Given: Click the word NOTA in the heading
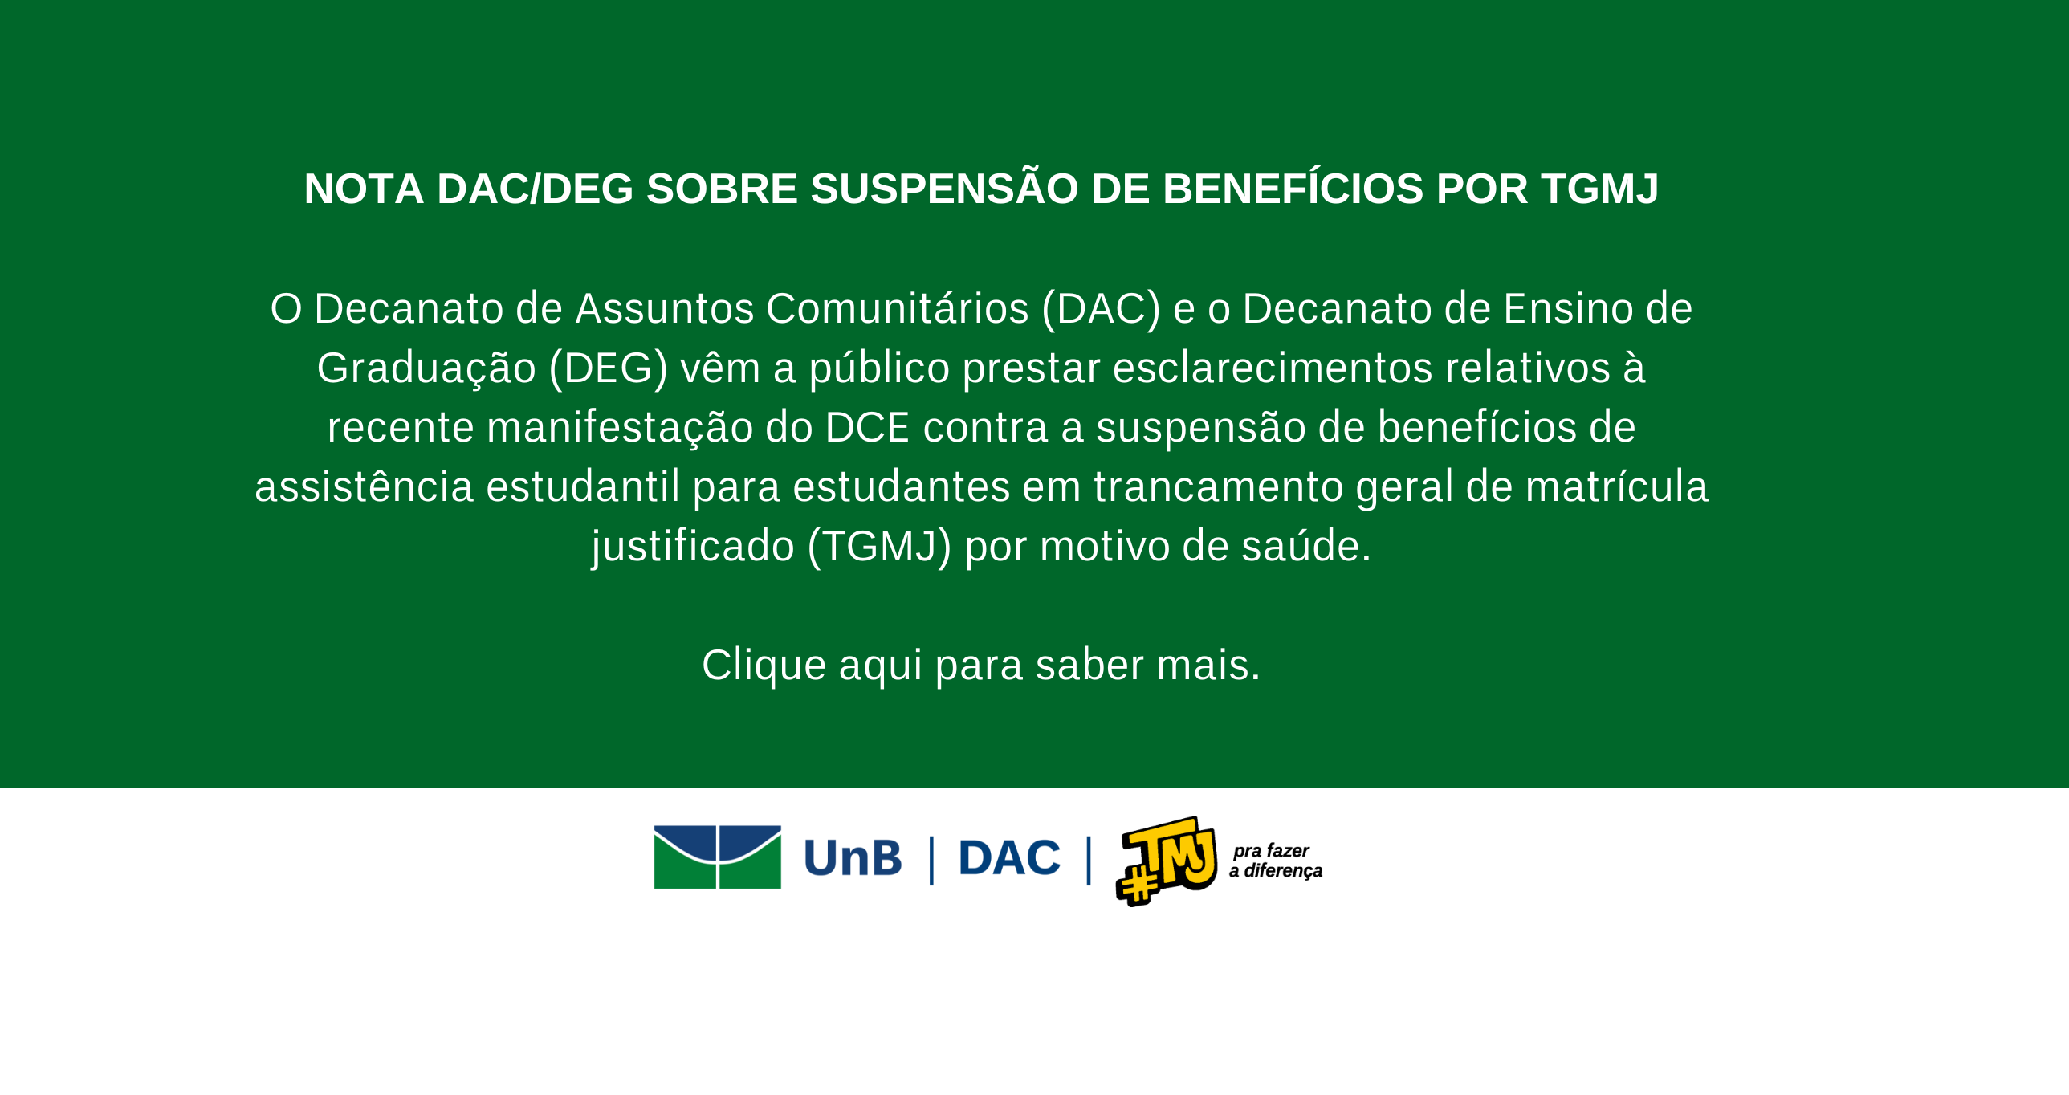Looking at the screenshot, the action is coord(364,189).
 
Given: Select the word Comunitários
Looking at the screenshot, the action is coord(897,308).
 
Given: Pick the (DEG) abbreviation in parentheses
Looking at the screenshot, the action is coord(609,368).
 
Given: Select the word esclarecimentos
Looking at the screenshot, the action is coord(1273,368).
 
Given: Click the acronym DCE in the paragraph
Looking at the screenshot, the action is coord(867,427).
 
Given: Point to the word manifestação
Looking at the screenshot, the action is coord(620,428).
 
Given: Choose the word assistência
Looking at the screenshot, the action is coord(364,486).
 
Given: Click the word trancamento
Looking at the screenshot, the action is coord(1219,486).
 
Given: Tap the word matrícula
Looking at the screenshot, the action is coord(1617,486).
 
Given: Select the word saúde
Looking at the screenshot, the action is coord(1306,546).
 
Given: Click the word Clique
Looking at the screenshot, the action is coord(764,666).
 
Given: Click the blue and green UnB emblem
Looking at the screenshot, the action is coord(717,857).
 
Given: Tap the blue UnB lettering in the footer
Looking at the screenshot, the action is coord(852,858).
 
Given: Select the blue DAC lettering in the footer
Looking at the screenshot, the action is coord(1008,858).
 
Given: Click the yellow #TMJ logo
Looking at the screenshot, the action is coord(1167,861).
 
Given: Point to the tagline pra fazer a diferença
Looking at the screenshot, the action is coord(1276,861).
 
